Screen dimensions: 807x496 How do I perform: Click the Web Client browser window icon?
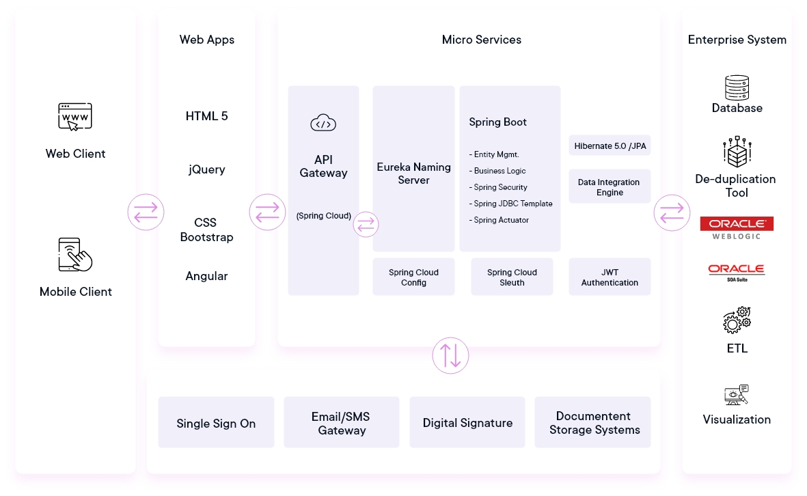(75, 117)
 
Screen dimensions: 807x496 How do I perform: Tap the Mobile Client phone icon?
(75, 255)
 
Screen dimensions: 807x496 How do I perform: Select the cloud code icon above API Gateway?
(323, 123)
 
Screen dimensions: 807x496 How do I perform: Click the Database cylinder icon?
(737, 87)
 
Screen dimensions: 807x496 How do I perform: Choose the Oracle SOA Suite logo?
(737, 272)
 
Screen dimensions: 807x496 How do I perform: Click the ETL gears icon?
(737, 320)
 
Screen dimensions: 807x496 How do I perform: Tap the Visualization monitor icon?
(737, 395)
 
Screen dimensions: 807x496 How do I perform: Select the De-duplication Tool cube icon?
(737, 152)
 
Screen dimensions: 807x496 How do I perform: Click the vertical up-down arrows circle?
(450, 355)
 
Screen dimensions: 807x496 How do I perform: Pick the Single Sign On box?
(216, 422)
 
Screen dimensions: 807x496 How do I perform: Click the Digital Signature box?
(467, 422)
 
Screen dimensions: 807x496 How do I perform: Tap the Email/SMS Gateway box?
(341, 422)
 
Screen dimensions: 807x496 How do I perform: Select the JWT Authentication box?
(610, 277)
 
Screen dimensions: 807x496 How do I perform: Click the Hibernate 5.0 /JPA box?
(610, 146)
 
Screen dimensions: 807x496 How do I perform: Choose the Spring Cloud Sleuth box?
(512, 277)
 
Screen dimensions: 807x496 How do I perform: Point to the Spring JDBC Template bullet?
(510, 204)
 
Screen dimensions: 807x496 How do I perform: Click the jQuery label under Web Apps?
(206, 170)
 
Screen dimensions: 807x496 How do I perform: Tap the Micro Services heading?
(482, 40)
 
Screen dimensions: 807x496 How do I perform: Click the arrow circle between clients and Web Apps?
(146, 212)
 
